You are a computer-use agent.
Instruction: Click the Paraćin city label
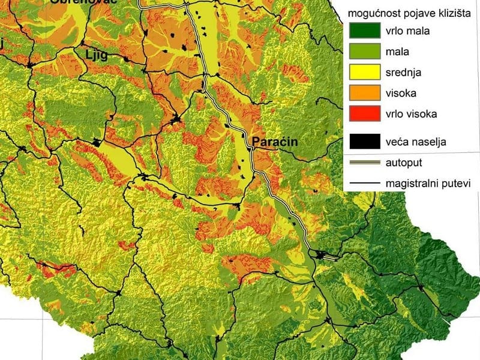tap(275, 142)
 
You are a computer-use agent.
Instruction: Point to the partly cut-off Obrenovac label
tap(74, 2)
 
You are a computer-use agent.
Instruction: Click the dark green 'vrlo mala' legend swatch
tap(365, 30)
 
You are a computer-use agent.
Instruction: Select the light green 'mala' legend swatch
tap(365, 51)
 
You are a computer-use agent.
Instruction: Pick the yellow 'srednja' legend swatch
tap(365, 72)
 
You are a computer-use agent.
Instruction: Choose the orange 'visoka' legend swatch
tap(365, 93)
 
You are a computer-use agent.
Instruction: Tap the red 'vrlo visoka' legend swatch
tap(365, 113)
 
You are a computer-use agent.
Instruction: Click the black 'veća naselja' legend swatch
tap(365, 142)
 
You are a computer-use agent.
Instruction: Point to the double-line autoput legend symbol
tap(365, 162)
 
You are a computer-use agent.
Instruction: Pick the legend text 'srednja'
tap(404, 72)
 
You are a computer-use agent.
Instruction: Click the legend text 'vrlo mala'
tap(408, 30)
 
